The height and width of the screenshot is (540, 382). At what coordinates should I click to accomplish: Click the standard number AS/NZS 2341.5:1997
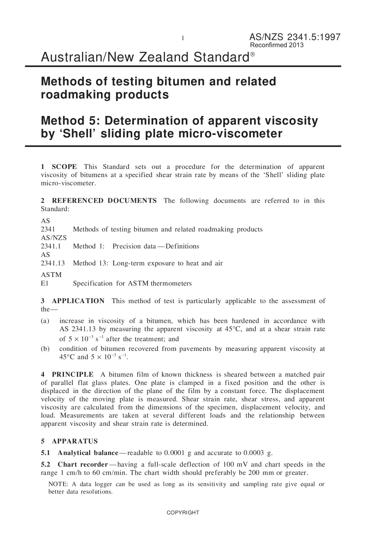click(x=295, y=37)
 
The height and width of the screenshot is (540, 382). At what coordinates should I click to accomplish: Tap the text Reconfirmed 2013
click(x=277, y=45)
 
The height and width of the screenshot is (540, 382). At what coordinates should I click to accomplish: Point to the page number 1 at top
click(x=182, y=38)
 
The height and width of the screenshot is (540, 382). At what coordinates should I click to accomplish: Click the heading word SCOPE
click(x=64, y=167)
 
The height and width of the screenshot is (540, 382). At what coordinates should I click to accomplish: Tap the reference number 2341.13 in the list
click(x=53, y=263)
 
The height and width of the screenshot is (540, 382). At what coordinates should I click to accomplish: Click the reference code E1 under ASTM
click(x=45, y=283)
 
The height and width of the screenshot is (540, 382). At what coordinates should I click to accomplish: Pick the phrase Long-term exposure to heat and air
click(x=167, y=263)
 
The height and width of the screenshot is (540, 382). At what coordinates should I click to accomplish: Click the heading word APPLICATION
click(x=78, y=301)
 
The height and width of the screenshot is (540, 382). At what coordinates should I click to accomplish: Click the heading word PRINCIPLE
click(x=72, y=375)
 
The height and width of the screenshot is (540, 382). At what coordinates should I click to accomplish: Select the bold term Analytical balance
click(x=88, y=453)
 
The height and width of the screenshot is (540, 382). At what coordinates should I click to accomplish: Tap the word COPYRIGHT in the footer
click(x=183, y=513)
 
